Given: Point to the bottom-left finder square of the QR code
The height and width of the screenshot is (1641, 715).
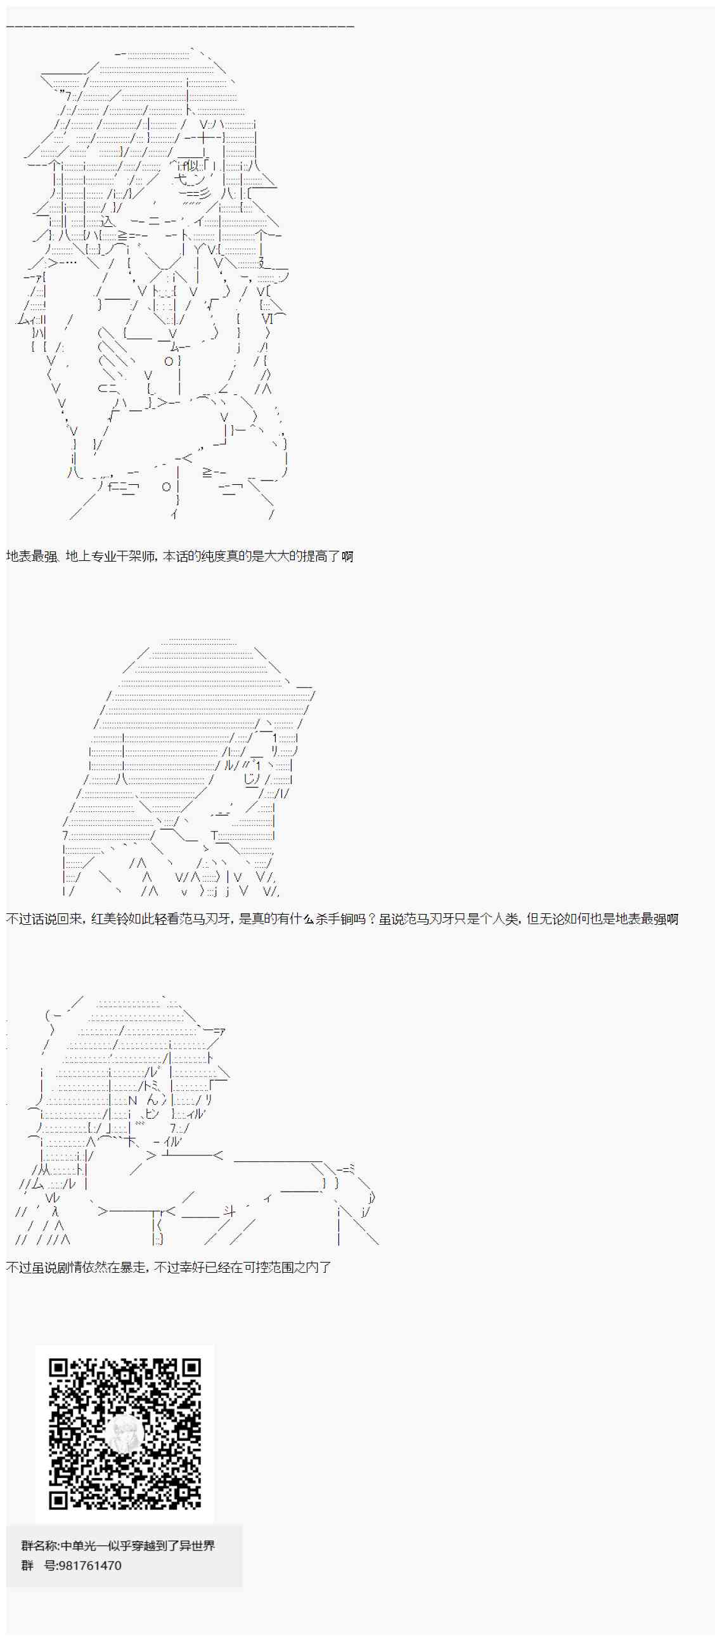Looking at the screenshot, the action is (58, 1500).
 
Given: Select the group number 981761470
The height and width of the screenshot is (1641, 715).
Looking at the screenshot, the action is (90, 1565).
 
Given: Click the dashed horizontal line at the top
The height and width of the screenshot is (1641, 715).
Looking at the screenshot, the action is (181, 27).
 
